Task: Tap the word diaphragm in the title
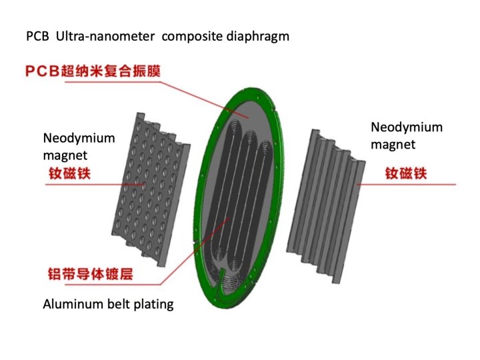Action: coord(259,37)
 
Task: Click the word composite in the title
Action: coord(193,37)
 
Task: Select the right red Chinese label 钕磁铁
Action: coord(406,174)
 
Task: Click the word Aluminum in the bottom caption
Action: coord(69,305)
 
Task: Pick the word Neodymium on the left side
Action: coord(79,139)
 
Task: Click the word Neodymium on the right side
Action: coord(406,127)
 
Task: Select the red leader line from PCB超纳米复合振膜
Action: coord(200,93)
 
